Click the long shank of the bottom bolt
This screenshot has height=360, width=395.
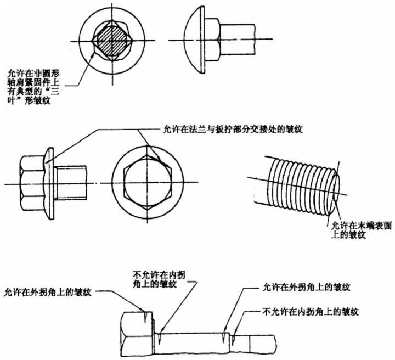click(x=192, y=338)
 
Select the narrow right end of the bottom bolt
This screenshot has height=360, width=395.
click(x=263, y=344)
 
